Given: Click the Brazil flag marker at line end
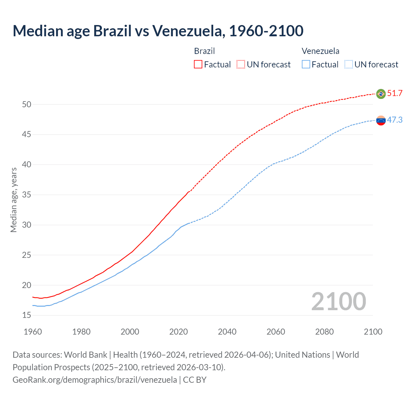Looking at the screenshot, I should [381, 94].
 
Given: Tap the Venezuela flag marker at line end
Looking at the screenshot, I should [381, 121].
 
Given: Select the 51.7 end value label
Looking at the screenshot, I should [395, 93].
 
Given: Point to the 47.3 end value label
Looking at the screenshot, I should [395, 120].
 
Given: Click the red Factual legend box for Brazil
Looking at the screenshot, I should [198, 65].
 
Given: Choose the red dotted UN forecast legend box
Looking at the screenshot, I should [241, 65].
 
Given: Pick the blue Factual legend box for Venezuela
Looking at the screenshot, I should [306, 65].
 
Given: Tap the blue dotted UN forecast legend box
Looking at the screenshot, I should [349, 65].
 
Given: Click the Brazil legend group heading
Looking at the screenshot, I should [205, 51].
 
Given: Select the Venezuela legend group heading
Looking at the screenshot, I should [320, 51].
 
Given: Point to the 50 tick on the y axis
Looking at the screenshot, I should [27, 104].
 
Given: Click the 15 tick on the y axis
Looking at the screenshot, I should [27, 315].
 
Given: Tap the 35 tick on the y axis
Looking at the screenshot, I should [27, 195].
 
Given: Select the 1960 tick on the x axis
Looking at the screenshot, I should [33, 332].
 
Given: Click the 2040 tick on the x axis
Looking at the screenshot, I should [227, 332].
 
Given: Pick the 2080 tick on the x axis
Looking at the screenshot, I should [324, 332].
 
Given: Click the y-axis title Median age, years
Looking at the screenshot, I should [13, 200].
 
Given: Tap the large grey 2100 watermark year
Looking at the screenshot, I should [339, 301].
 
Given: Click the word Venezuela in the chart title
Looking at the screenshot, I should [187, 31].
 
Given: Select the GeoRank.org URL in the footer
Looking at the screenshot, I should [95, 380].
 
